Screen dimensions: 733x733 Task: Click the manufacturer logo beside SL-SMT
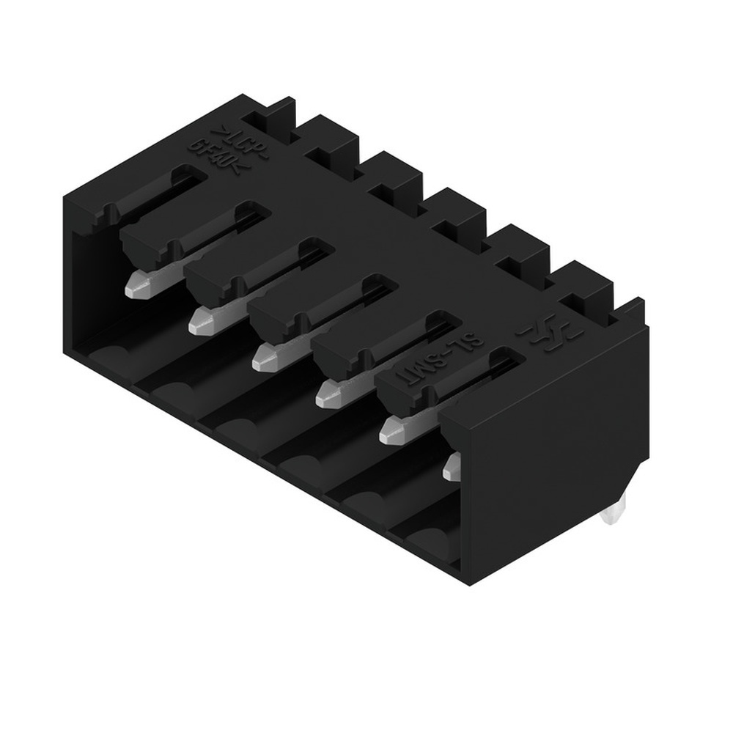point(540,334)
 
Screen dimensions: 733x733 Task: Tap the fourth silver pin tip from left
point(331,394)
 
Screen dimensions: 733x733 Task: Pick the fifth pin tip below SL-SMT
point(395,430)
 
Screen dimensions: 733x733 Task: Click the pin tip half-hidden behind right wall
point(452,465)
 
